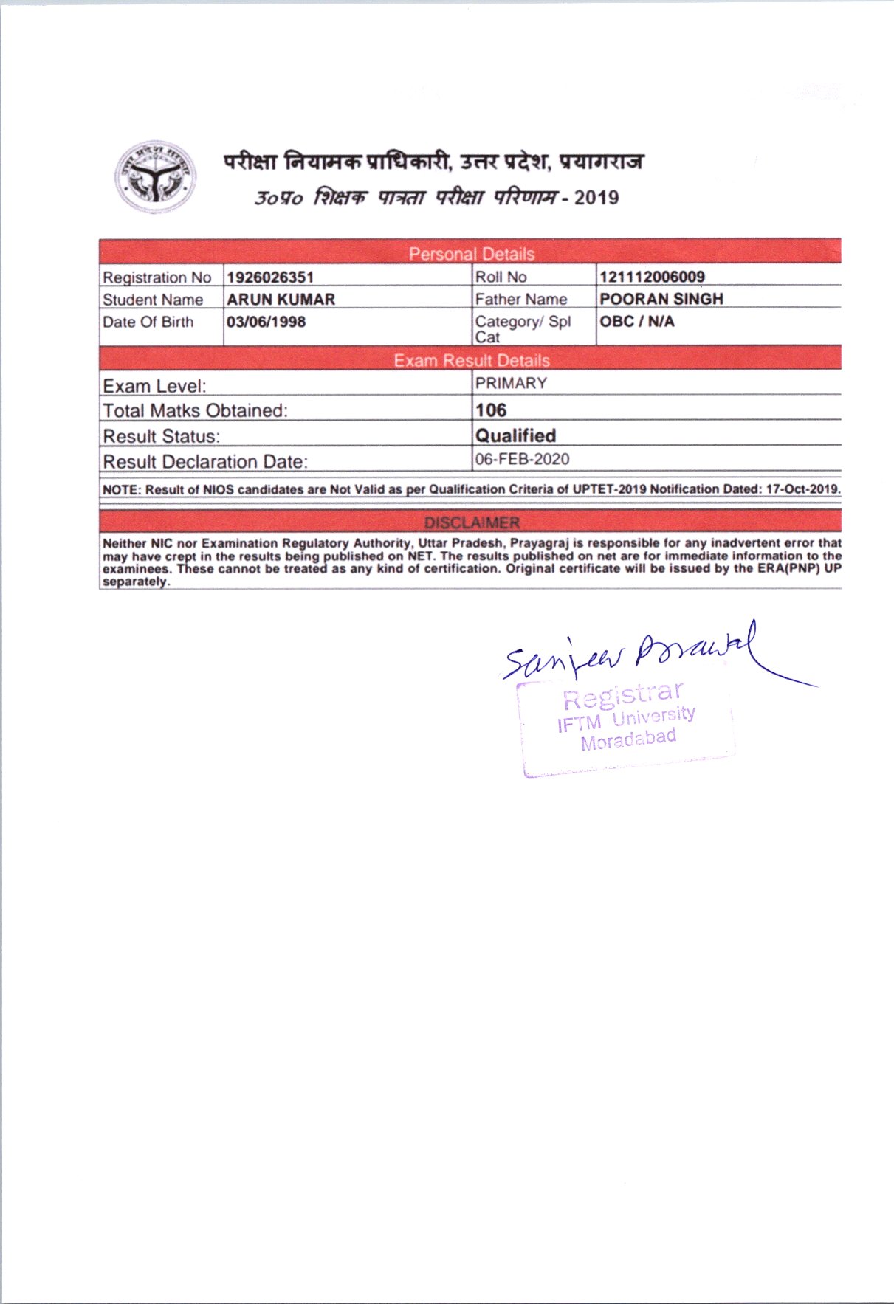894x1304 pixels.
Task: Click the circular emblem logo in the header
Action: [156, 177]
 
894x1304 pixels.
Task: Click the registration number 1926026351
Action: [270, 277]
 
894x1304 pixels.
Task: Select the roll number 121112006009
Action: [652, 277]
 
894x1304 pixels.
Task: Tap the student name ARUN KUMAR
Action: [281, 300]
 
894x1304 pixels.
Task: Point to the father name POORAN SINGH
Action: [661, 299]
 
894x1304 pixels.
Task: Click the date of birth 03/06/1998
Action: [266, 322]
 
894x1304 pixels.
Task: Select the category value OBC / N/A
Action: [636, 322]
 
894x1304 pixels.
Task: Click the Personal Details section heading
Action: [471, 254]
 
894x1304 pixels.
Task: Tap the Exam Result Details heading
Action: [471, 360]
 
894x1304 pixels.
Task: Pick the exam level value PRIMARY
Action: [511, 384]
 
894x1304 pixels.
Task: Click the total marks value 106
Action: [491, 410]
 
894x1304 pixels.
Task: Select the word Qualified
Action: [515, 435]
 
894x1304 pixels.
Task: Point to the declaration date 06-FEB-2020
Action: [522, 459]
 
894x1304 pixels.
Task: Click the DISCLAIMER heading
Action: [471, 522]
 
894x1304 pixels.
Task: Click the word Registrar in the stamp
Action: [622, 695]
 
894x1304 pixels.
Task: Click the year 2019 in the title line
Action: [596, 198]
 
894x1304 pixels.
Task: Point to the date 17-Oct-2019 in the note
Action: [802, 489]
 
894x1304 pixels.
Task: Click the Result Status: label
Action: [162, 437]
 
